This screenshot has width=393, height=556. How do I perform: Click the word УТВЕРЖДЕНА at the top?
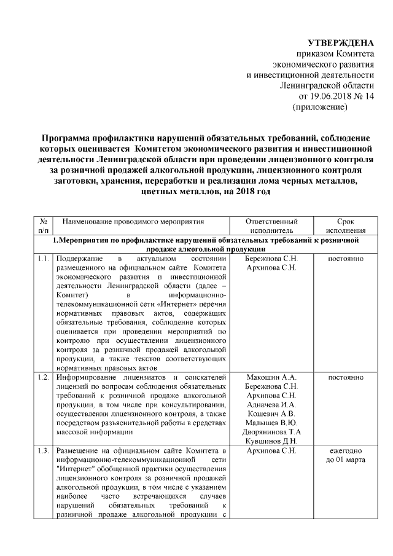tap(340, 42)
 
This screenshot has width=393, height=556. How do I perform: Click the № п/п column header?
tap(44, 225)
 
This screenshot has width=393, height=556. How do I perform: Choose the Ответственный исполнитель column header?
tap(271, 225)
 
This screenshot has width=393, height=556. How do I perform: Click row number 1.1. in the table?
tap(43, 259)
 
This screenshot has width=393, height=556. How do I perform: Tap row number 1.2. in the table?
tap(43, 377)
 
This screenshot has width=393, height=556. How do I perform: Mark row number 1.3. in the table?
tap(43, 452)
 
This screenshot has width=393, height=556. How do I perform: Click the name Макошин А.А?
tap(271, 377)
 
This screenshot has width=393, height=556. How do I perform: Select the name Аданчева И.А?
tap(271, 404)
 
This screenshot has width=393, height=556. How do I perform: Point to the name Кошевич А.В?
tap(271, 413)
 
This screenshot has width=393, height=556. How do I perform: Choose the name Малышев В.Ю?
tap(271, 423)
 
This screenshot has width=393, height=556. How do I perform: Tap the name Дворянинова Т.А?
tap(271, 432)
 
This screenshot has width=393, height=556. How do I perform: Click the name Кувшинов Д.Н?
tap(271, 441)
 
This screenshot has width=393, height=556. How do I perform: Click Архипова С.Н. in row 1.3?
tap(271, 452)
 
